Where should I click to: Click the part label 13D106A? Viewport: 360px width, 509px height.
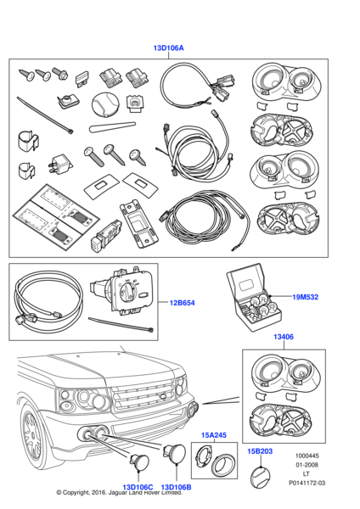click(x=168, y=48)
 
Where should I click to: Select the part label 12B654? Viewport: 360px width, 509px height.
click(x=182, y=303)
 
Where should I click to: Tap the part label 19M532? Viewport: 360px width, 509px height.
click(x=306, y=297)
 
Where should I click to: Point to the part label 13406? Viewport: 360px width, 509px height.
click(x=284, y=337)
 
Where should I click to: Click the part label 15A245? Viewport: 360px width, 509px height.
click(x=214, y=435)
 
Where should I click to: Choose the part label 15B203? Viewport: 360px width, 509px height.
click(x=260, y=451)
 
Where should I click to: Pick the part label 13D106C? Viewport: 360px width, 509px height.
click(x=138, y=487)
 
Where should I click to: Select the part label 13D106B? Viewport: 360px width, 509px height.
click(x=176, y=487)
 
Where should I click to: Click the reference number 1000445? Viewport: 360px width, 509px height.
click(x=307, y=456)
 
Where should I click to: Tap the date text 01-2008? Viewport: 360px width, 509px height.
click(x=307, y=465)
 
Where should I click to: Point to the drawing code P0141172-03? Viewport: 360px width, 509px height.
click(x=307, y=483)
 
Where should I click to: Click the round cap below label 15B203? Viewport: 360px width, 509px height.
click(x=260, y=477)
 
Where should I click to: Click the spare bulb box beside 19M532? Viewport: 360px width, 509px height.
click(x=253, y=298)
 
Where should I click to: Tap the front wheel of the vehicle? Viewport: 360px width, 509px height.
click(x=35, y=435)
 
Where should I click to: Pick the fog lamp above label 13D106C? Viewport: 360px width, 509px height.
click(x=139, y=463)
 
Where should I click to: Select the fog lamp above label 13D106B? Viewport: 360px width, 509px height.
click(x=174, y=453)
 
